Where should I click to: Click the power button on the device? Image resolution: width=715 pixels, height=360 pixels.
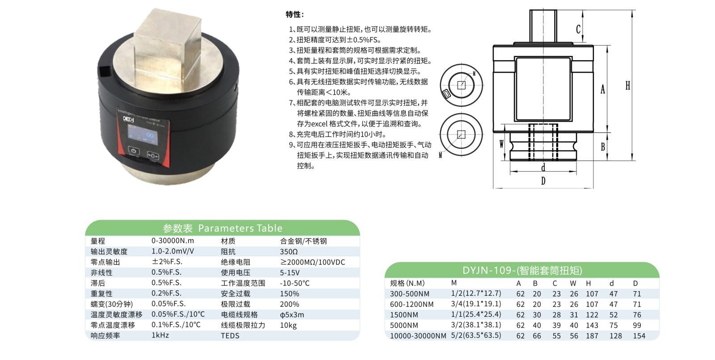point(134,151)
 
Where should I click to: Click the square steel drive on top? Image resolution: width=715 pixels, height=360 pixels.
point(168,48)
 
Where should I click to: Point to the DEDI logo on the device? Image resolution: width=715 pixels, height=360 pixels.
point(129,119)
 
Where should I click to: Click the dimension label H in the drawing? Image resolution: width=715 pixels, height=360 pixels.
point(627,85)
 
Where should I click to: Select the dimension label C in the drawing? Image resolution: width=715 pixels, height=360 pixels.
point(578,29)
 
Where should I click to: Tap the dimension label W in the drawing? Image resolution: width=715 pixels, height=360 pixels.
point(501,144)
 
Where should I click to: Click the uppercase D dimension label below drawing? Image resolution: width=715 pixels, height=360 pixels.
point(543,181)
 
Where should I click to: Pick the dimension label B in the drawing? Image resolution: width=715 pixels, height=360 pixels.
point(603,147)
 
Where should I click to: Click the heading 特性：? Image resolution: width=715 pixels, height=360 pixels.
point(294,14)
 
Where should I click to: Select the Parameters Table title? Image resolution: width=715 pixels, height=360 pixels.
point(223,228)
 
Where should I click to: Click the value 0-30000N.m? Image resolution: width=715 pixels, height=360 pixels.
point(172,241)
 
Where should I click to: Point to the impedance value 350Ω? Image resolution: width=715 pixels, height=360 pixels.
point(289,251)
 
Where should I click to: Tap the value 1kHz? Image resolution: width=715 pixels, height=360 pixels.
point(160,335)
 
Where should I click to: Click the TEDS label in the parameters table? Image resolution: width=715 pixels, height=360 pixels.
point(230,335)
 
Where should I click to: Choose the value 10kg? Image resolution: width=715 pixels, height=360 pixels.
point(288,325)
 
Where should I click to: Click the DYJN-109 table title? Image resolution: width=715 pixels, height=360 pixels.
point(522,270)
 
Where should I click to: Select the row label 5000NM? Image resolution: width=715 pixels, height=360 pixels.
point(404,325)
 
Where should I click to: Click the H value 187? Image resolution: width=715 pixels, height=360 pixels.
point(592,336)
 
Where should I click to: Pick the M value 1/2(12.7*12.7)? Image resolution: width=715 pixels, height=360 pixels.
point(476,293)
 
